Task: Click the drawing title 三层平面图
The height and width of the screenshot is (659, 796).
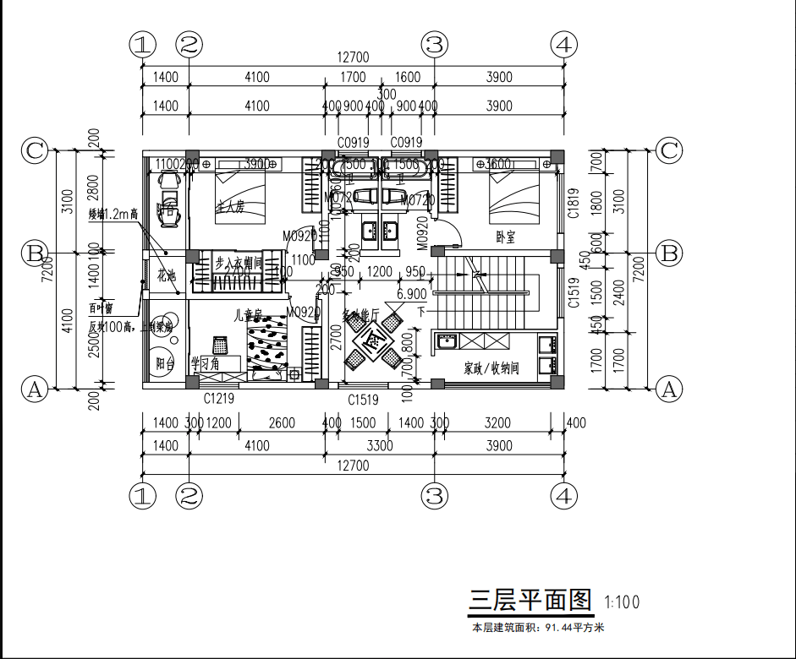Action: point(530,600)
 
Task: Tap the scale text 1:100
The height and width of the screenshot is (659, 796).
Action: point(622,602)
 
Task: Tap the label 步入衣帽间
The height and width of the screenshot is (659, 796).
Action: point(239,263)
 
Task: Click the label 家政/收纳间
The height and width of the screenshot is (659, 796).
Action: point(490,368)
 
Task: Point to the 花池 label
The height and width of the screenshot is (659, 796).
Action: point(166,275)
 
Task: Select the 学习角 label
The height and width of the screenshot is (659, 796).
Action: point(205,363)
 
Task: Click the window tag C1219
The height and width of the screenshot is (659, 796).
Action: point(219,397)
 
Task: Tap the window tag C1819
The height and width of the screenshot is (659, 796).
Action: point(573,203)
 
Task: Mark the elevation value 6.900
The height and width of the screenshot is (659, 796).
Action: point(411,294)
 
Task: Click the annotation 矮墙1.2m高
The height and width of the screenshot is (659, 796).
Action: point(113,215)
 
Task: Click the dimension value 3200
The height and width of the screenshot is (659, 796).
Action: point(498,422)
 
